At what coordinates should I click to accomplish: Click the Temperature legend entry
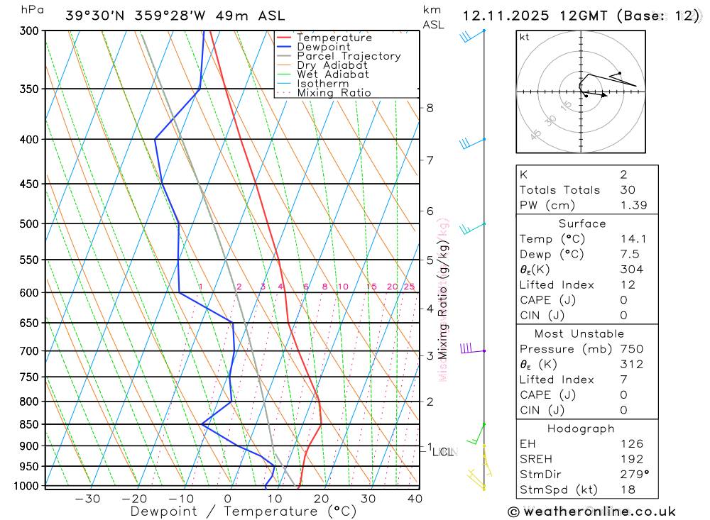tap(334, 38)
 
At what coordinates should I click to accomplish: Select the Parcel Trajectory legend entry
tap(349, 56)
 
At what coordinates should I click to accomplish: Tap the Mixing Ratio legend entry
tap(334, 93)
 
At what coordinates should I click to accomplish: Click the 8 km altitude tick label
tap(430, 108)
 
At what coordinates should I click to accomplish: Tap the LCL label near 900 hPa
tap(444, 451)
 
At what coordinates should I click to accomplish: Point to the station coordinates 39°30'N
tap(97, 16)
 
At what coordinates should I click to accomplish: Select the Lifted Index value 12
tap(626, 285)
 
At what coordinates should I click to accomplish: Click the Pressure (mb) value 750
tap(631, 349)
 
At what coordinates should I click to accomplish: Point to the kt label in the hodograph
tap(525, 38)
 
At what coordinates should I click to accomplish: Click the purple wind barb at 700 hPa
tap(468, 348)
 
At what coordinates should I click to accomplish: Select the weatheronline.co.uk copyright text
tap(592, 511)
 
